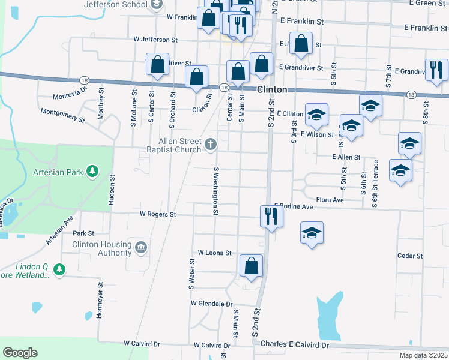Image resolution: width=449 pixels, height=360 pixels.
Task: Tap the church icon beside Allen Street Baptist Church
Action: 210,144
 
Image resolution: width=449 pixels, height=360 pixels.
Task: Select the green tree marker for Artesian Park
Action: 92,172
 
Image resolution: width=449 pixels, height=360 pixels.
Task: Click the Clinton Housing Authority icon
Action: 141,247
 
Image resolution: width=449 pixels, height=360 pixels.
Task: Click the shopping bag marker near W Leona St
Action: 251,266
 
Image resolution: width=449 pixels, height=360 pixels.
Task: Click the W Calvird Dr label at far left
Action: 142,344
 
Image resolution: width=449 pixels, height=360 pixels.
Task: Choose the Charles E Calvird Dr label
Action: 295,345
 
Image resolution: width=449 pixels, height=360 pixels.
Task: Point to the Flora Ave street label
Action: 330,200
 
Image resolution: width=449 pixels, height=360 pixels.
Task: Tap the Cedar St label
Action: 410,256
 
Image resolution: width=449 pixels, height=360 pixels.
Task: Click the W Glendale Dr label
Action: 211,304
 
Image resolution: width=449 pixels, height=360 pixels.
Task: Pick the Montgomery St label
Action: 62,114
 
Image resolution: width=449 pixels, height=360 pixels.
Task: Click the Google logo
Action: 20,353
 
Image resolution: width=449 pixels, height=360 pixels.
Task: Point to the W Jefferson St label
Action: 156,39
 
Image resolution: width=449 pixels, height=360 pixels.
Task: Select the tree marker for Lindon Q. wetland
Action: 58,270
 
